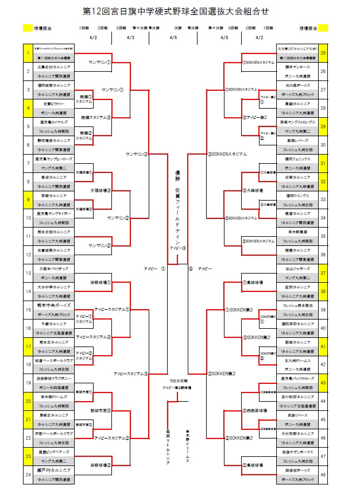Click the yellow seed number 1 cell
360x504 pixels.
(28, 53)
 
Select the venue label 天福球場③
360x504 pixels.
(100, 190)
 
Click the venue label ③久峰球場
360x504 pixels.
(253, 190)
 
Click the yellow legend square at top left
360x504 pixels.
(28, 27)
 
